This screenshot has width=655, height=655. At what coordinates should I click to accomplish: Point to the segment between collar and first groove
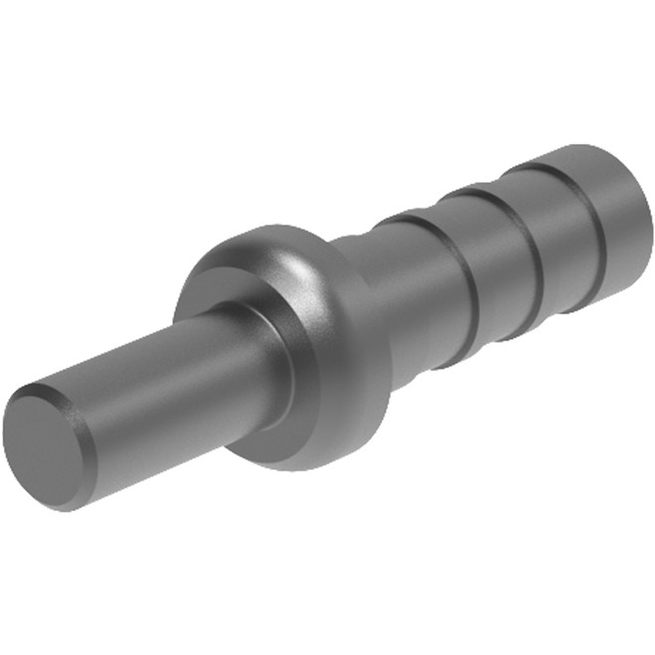pyautogui.click(x=417, y=298)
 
